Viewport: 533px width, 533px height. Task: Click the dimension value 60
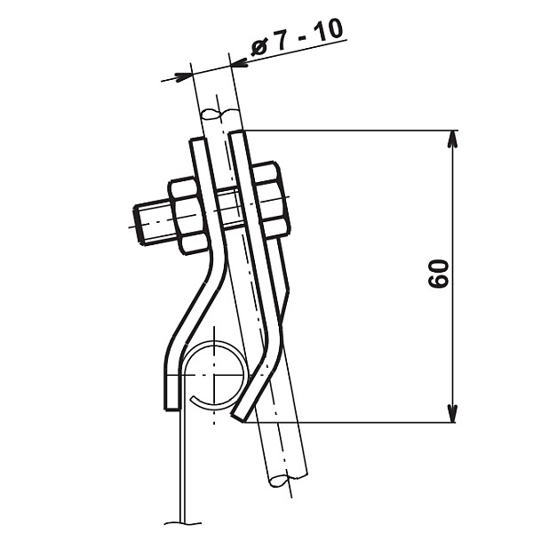click(x=439, y=274)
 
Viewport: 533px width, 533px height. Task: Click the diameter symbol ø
click(x=259, y=48)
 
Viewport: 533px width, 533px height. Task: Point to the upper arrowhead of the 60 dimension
click(x=452, y=139)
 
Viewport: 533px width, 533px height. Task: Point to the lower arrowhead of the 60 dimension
click(x=452, y=414)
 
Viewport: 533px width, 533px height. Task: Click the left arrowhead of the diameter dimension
click(x=182, y=76)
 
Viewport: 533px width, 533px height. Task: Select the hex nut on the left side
click(x=188, y=216)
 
